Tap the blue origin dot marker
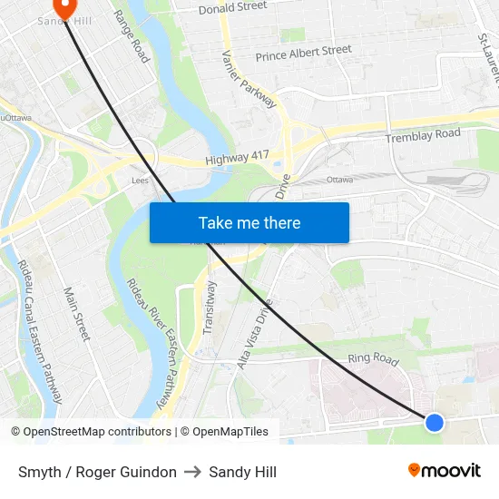(435, 422)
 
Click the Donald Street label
(233, 7)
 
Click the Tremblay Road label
(423, 136)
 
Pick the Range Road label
(132, 36)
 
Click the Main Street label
(77, 314)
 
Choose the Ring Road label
(373, 359)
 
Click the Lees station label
(139, 181)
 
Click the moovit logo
(445, 470)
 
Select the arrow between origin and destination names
(192, 472)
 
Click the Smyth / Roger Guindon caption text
(97, 472)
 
